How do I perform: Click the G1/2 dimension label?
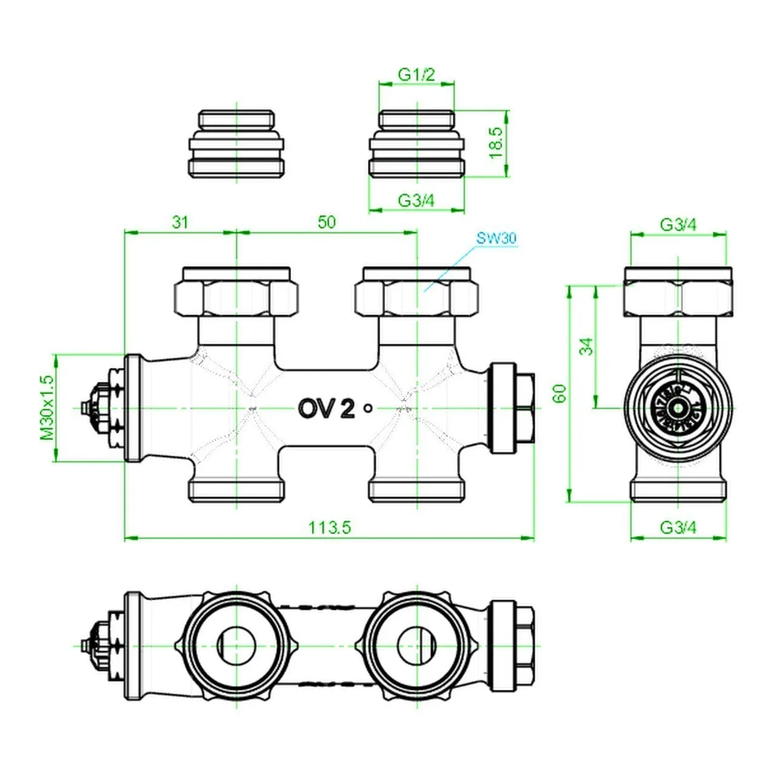(416, 75)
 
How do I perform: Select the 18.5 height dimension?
(496, 143)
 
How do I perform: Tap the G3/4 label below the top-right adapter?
(416, 200)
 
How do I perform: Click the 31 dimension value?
(180, 222)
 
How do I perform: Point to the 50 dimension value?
(326, 222)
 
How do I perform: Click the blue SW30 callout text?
(496, 238)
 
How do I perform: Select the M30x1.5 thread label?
(47, 407)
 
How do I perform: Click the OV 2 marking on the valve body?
(326, 409)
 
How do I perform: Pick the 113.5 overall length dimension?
(330, 527)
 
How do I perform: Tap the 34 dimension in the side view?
(586, 347)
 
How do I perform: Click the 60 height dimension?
(560, 393)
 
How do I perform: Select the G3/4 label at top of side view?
(678, 225)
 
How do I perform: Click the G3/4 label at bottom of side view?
(678, 527)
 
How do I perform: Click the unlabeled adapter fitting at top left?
(236, 144)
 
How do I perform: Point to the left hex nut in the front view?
(236, 296)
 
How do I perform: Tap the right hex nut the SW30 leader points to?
(416, 296)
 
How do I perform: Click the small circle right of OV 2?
(367, 409)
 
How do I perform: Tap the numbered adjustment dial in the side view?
(678, 407)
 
